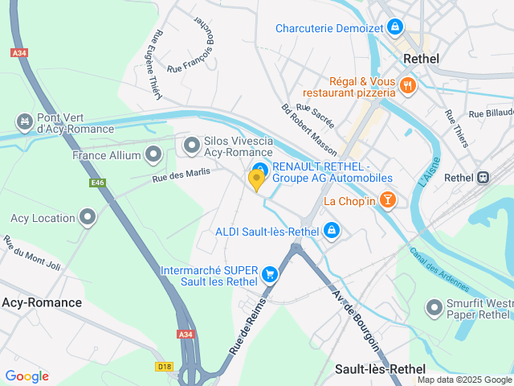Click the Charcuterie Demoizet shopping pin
394,28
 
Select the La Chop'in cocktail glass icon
389,200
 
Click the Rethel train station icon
483,178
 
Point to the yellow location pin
257,179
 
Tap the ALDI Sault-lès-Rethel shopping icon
331,232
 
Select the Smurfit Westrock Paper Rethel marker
434,307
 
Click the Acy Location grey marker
88,217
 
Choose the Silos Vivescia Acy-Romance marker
191,146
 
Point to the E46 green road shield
98,183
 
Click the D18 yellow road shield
165,366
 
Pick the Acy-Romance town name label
42,302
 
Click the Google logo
27,376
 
